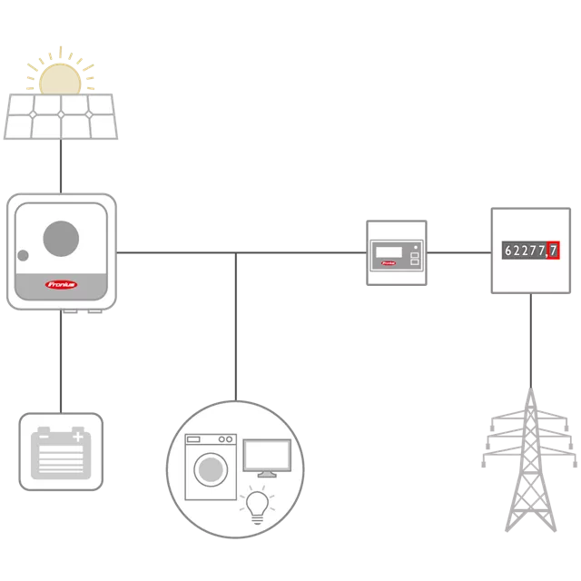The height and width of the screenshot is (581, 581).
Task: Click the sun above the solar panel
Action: pos(60,73)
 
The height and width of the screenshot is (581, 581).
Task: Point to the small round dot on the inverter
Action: pos(24,255)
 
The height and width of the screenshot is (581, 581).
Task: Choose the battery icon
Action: pos(60,453)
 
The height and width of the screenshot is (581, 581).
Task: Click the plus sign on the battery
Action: pos(79,437)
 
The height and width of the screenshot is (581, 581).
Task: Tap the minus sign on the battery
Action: pos(42,437)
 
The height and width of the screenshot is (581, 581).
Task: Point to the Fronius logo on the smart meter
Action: pos(389,265)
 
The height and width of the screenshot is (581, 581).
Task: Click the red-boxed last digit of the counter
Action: pos(553,250)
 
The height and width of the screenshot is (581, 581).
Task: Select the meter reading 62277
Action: pos(525,250)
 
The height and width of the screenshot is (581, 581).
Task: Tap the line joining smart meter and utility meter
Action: pos(458,250)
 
